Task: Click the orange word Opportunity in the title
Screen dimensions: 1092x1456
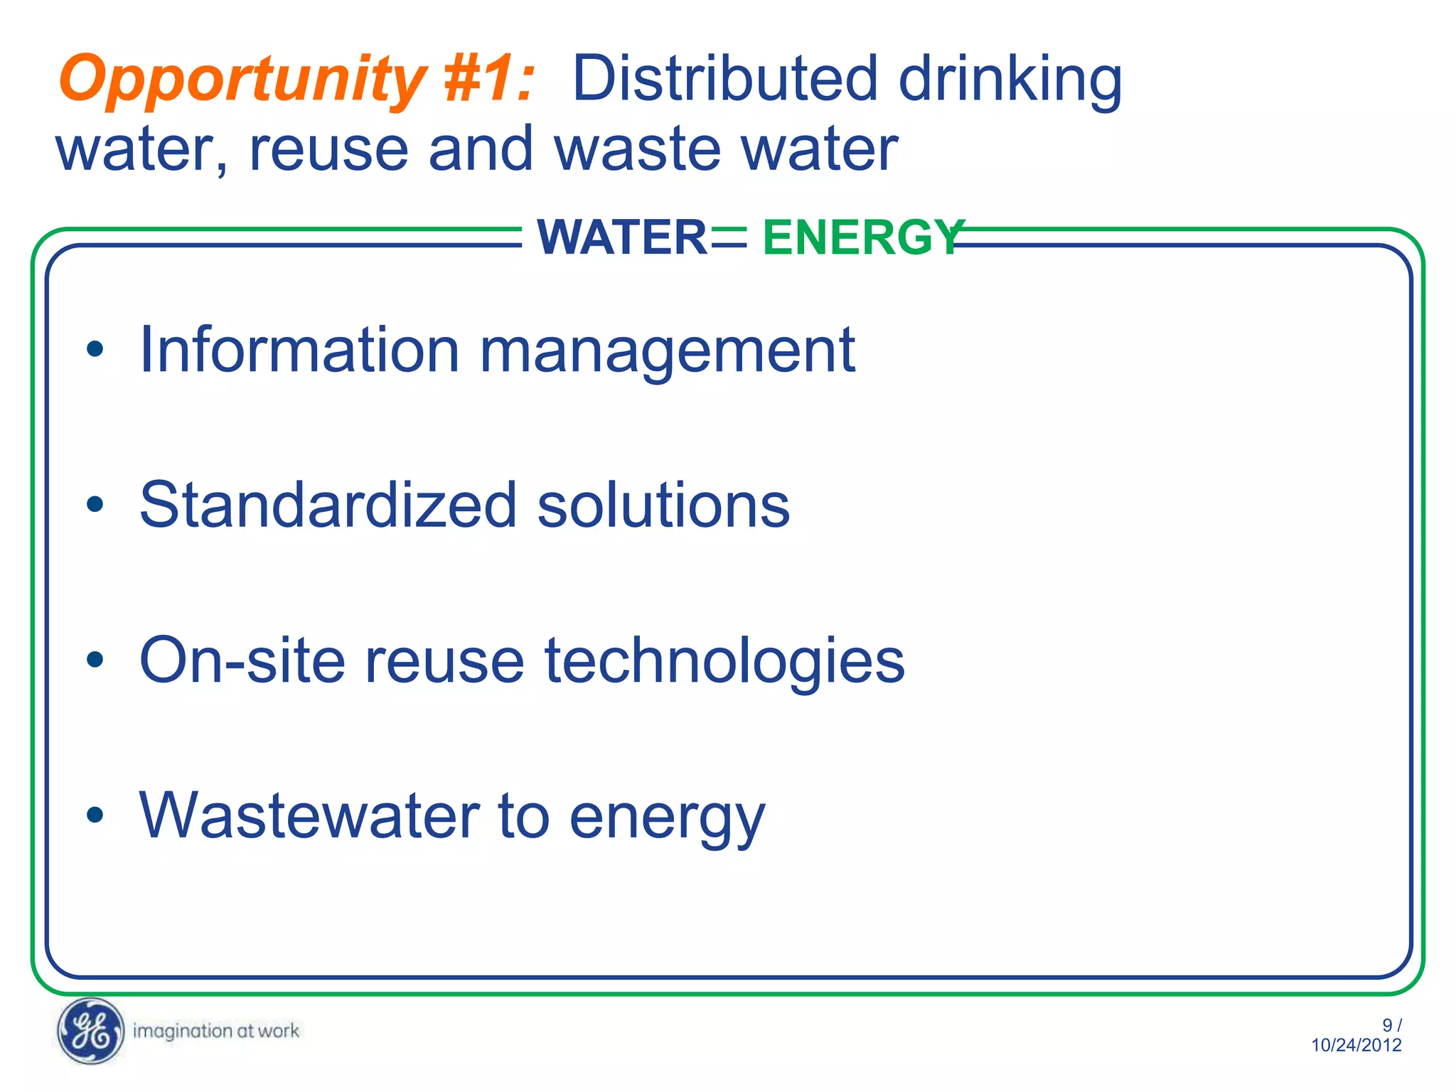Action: click(242, 80)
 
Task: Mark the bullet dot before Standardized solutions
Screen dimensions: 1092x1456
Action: click(95, 505)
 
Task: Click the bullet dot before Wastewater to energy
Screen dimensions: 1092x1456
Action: click(95, 815)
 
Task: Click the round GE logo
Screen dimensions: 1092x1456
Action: click(90, 1031)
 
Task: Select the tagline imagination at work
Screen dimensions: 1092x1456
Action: click(216, 1031)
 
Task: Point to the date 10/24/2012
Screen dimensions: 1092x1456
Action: click(1356, 1045)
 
